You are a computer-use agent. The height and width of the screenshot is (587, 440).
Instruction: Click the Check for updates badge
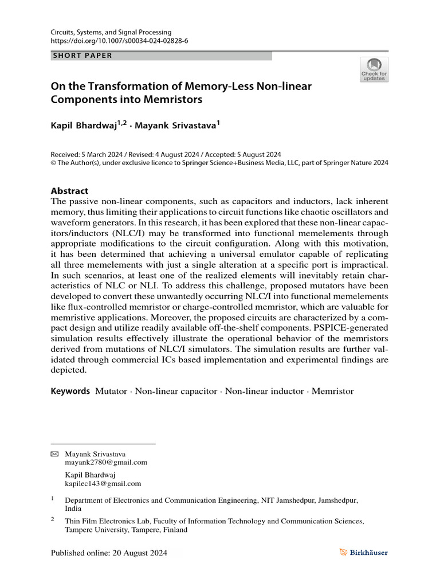(374, 69)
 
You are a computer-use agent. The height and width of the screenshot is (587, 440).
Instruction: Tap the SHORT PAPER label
(82, 56)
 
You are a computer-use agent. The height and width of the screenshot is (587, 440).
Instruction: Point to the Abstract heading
(70, 191)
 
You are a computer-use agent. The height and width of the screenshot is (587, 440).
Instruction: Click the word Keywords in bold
(70, 391)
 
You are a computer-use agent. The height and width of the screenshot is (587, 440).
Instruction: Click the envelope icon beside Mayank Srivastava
(55, 453)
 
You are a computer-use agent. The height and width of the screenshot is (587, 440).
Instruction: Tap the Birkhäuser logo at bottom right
(363, 553)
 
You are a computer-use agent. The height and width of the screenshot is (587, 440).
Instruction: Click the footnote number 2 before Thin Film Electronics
(53, 519)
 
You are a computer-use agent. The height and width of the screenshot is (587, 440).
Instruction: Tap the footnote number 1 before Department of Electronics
(53, 498)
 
